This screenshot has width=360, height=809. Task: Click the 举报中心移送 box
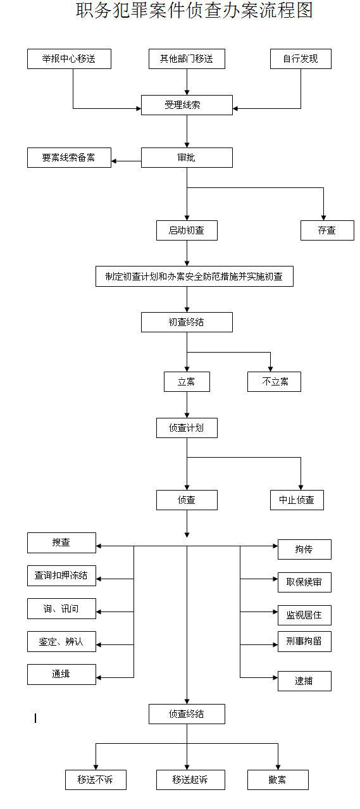pyautogui.click(x=69, y=59)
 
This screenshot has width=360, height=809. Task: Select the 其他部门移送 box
pyautogui.click(x=187, y=59)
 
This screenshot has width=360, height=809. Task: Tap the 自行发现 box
pyautogui.click(x=301, y=59)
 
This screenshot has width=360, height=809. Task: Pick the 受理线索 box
pyautogui.click(x=187, y=105)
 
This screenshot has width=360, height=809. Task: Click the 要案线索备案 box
pyautogui.click(x=69, y=158)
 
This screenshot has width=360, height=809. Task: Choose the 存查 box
pyautogui.click(x=327, y=230)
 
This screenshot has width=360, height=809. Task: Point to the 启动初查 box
pyautogui.click(x=187, y=230)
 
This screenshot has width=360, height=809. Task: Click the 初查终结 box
pyautogui.click(x=187, y=322)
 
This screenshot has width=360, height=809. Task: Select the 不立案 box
pyautogui.click(x=274, y=382)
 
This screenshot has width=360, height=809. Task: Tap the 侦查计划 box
pyautogui.click(x=187, y=428)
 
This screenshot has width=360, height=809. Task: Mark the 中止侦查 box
pyautogui.click(x=297, y=500)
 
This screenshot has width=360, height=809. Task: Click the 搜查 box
pyautogui.click(x=61, y=542)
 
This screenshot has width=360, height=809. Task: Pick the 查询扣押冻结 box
pyautogui.click(x=61, y=575)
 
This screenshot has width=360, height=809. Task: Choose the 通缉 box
pyautogui.click(x=61, y=674)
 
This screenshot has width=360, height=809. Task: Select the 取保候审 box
pyautogui.click(x=304, y=582)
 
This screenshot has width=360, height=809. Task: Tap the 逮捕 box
pyautogui.click(x=304, y=681)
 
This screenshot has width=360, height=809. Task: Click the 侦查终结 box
pyautogui.click(x=187, y=713)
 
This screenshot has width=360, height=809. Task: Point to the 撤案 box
pyautogui.click(x=278, y=780)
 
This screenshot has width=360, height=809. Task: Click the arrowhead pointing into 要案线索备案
pyautogui.click(x=114, y=161)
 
